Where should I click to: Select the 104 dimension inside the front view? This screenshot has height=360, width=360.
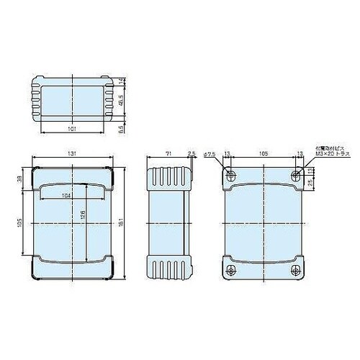click(x=66, y=196)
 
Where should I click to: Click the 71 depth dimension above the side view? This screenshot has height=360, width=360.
click(x=168, y=155)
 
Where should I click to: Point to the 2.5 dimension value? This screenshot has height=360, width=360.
click(x=191, y=155)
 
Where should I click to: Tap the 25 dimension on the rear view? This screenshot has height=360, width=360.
click(x=310, y=184)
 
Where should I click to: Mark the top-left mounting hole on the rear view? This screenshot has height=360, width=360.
click(x=230, y=175)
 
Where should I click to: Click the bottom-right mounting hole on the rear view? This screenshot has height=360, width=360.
click(x=296, y=270)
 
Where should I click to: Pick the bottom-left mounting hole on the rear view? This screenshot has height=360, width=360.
click(x=230, y=270)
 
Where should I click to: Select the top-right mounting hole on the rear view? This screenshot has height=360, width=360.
click(x=296, y=175)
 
